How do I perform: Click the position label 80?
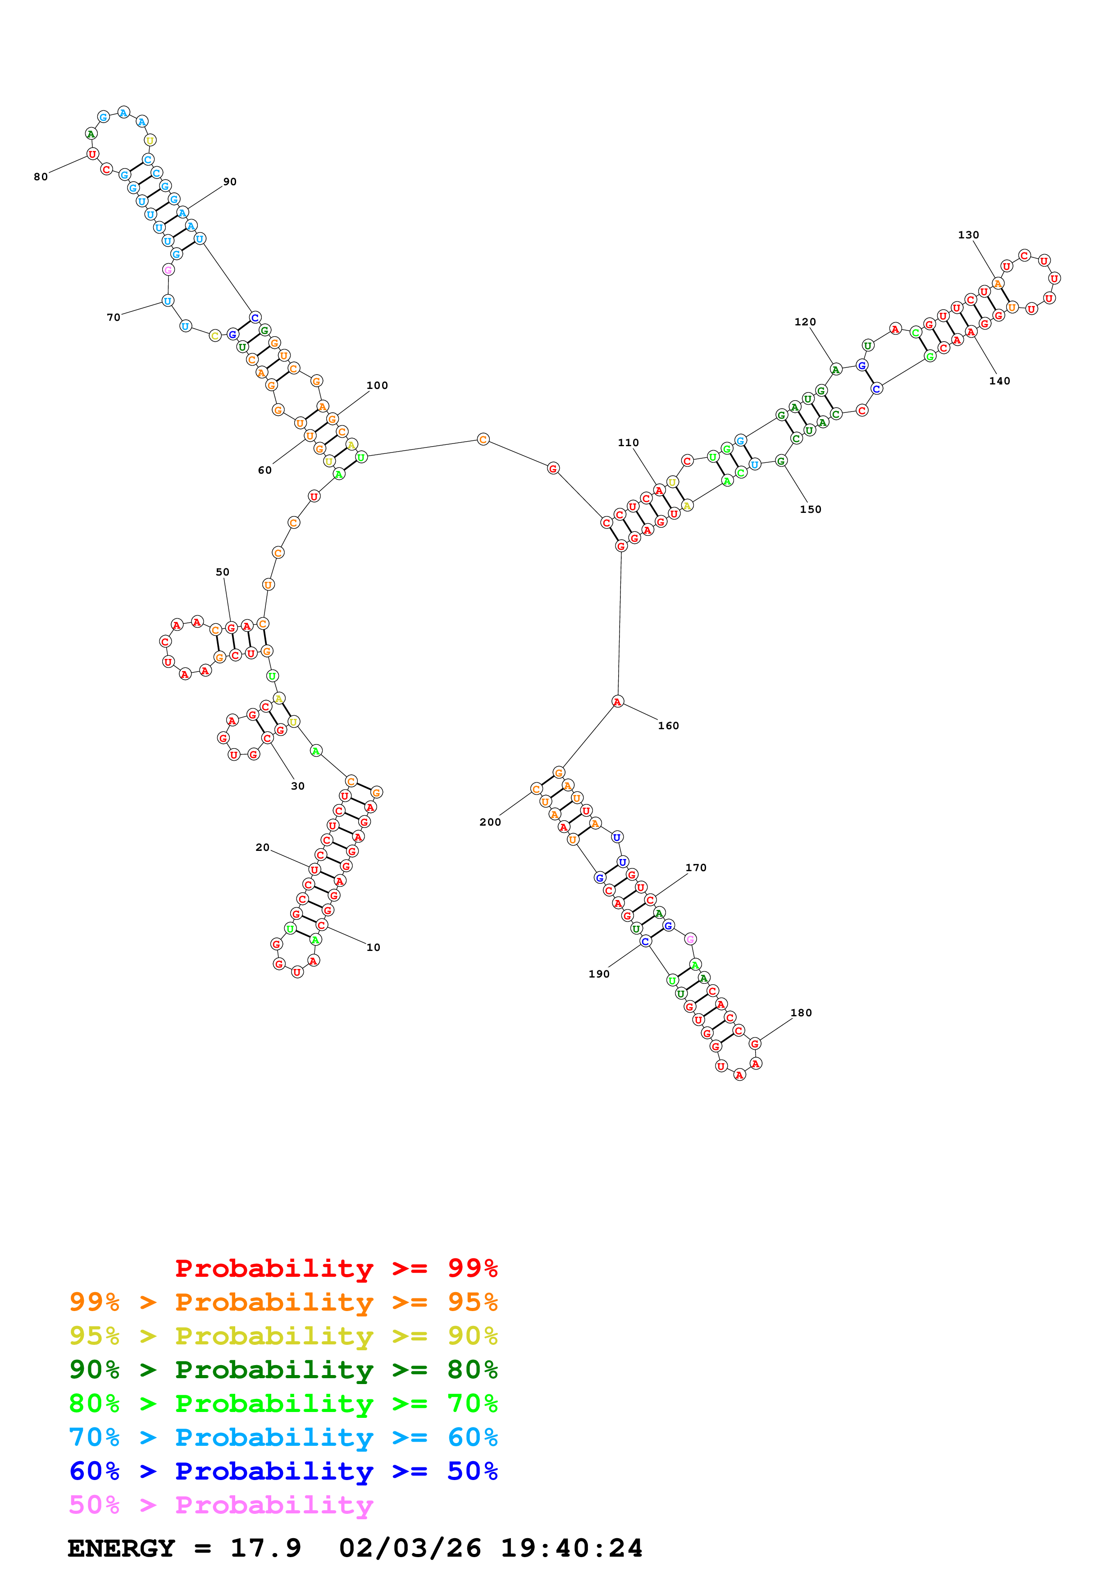click(x=41, y=177)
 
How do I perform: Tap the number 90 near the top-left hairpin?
click(x=230, y=182)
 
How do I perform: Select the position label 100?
click(x=377, y=386)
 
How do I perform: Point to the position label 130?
click(x=968, y=235)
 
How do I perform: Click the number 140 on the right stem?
click(x=999, y=381)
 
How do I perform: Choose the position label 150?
click(x=810, y=510)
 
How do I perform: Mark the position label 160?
click(x=668, y=726)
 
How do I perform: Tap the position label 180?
click(x=801, y=1013)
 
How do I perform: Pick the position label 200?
click(x=490, y=822)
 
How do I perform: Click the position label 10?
click(x=373, y=947)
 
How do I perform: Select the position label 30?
click(x=297, y=786)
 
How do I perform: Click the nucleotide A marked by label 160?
click(x=617, y=702)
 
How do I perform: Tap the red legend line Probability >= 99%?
click(x=336, y=1268)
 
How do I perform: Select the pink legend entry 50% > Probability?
click(x=221, y=1504)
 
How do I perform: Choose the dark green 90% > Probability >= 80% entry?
click(x=283, y=1370)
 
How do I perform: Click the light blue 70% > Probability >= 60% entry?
click(x=283, y=1437)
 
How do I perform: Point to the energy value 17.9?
click(x=266, y=1548)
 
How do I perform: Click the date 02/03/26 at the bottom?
click(x=410, y=1548)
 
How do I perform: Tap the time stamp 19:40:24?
click(x=571, y=1548)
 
